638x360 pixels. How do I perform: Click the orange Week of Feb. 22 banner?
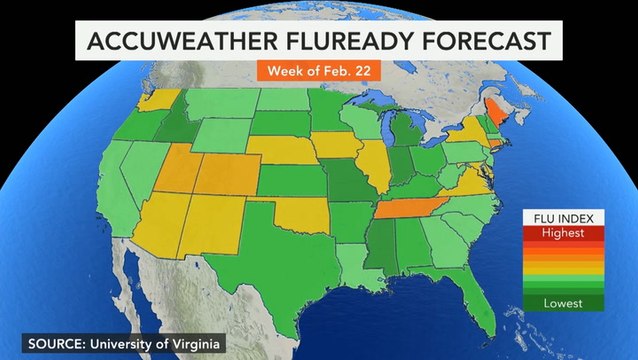point(319,73)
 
